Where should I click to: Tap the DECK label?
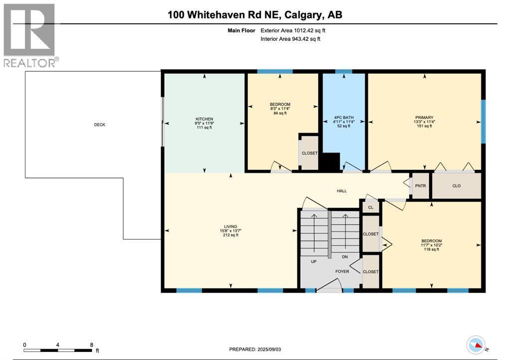click(100, 125)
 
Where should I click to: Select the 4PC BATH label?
click(343, 118)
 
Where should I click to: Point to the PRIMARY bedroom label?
click(424, 118)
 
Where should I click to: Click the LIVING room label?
click(231, 226)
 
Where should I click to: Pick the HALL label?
click(341, 191)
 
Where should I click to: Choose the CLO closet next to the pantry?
click(456, 186)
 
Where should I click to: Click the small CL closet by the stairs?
click(370, 207)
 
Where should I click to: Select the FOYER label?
click(342, 271)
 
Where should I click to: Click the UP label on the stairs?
click(313, 261)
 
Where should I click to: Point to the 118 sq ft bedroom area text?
click(430, 249)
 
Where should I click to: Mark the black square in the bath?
click(329, 163)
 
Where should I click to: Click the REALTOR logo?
click(30, 35)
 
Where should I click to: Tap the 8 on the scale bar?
click(91, 345)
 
